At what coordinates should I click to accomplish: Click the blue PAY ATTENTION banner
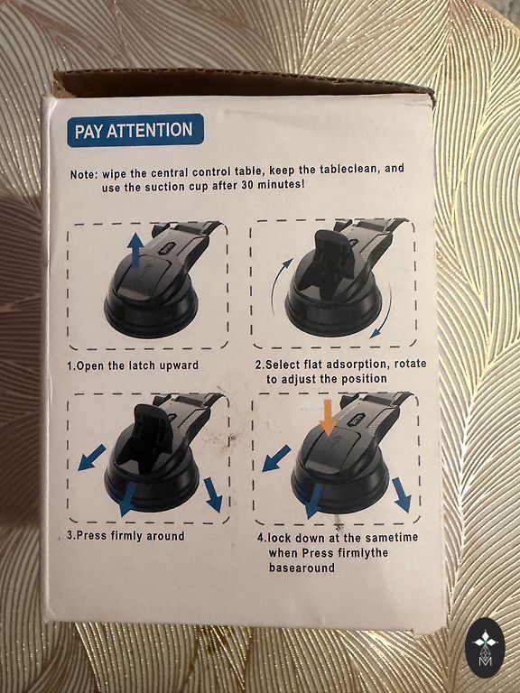(135, 130)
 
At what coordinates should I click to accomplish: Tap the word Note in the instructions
(82, 174)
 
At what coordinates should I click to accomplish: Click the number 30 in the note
(247, 185)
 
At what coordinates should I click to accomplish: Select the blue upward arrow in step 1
(135, 249)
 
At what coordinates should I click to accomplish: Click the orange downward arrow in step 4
(328, 416)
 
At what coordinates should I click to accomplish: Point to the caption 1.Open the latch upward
(133, 365)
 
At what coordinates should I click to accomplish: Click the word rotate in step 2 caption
(410, 364)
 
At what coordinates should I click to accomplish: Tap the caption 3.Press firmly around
(125, 536)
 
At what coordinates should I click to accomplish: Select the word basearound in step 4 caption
(302, 568)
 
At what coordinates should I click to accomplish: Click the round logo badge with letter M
(485, 648)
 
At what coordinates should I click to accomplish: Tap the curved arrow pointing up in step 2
(278, 282)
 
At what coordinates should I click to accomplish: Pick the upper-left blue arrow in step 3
(92, 457)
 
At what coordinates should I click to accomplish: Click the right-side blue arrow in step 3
(214, 494)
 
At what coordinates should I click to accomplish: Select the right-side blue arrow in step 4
(402, 494)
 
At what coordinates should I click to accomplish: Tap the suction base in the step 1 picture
(151, 312)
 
